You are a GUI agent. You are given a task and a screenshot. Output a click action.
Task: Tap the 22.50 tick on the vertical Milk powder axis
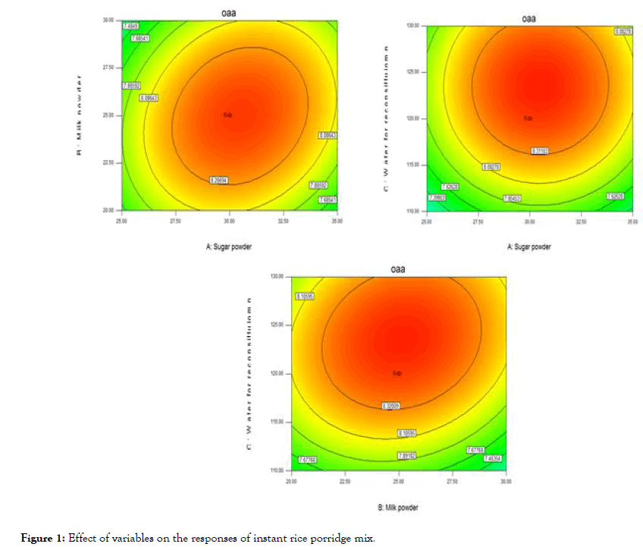coord(110,162)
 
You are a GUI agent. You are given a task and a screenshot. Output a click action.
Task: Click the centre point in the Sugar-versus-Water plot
coord(529,118)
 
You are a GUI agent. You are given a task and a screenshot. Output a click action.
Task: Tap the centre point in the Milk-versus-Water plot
coord(397,373)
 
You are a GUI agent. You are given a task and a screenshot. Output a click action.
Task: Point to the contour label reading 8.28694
coord(220,180)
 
